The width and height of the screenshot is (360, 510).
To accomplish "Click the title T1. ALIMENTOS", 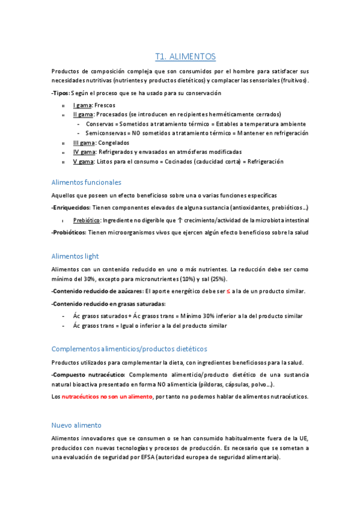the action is click(185, 57).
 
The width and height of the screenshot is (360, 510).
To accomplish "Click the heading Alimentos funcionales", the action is click(87, 182).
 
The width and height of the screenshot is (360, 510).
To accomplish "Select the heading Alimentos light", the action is click(76, 256).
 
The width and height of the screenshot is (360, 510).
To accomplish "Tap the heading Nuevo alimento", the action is click(76, 425).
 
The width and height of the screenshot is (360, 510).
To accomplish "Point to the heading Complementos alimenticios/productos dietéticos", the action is click(129, 348).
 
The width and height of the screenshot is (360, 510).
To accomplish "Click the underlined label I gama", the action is click(82, 105).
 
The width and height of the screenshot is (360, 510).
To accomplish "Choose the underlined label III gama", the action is click(84, 143).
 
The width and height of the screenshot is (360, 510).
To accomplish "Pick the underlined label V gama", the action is click(84, 162).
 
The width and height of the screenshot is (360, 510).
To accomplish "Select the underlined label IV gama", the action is click(84, 152).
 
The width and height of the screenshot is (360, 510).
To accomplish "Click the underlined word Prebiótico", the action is click(87, 221).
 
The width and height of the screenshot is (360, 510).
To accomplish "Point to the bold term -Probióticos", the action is click(69, 232).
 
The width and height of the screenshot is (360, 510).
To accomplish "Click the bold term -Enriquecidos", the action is click(71, 207).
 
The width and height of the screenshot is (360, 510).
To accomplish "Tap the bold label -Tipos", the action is click(61, 93).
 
